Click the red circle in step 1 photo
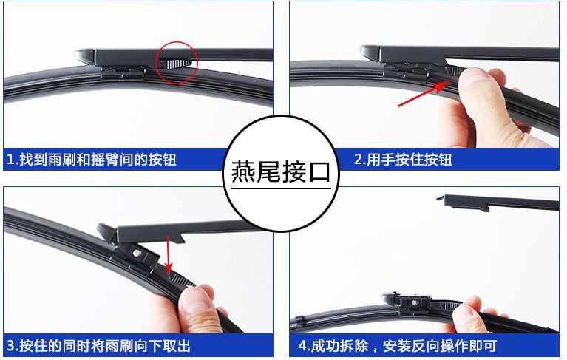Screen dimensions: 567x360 [156, 64]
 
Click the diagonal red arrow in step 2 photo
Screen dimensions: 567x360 [423, 94]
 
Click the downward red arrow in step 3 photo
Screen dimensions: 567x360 [168, 255]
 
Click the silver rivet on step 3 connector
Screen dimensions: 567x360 [136, 253]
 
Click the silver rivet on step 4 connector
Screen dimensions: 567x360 [414, 302]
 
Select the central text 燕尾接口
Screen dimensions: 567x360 [281, 171]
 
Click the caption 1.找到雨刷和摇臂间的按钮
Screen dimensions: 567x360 [92, 160]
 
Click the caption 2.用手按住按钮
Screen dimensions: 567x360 [403, 160]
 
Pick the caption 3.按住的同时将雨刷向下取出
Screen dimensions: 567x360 [99, 346]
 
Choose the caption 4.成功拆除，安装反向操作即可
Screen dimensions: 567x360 [398, 346]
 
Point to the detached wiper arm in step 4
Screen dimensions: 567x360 [499, 203]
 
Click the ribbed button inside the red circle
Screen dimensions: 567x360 [177, 64]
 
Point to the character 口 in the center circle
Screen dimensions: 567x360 [319, 172]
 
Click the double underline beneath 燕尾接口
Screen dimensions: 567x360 [282, 188]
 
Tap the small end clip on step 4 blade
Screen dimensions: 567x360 [299, 321]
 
